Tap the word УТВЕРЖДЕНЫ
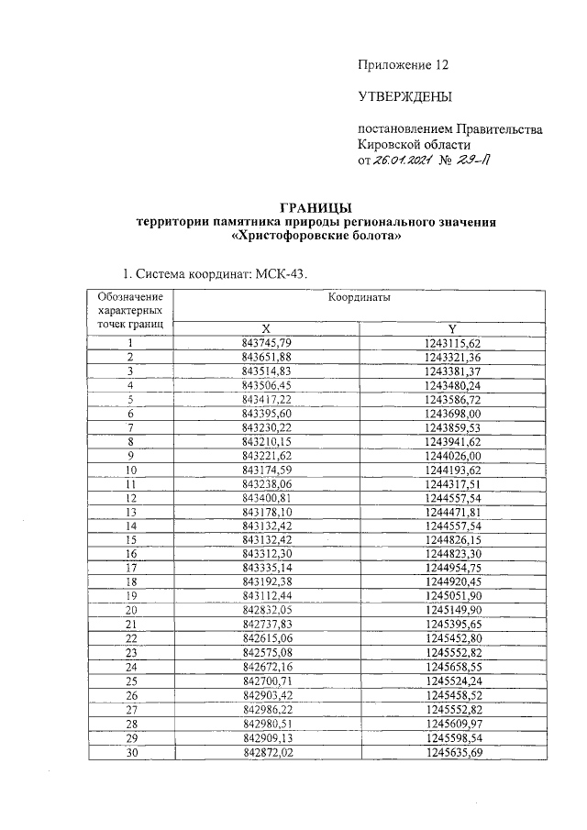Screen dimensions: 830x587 pos(404,97)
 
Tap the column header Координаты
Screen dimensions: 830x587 pos(359,299)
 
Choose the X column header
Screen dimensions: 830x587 pos(266,329)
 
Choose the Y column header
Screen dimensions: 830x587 pos(452,329)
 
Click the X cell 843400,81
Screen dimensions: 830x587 pos(266,497)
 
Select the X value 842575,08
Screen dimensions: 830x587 pos(266,651)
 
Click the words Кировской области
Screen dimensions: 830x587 pos(414,145)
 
